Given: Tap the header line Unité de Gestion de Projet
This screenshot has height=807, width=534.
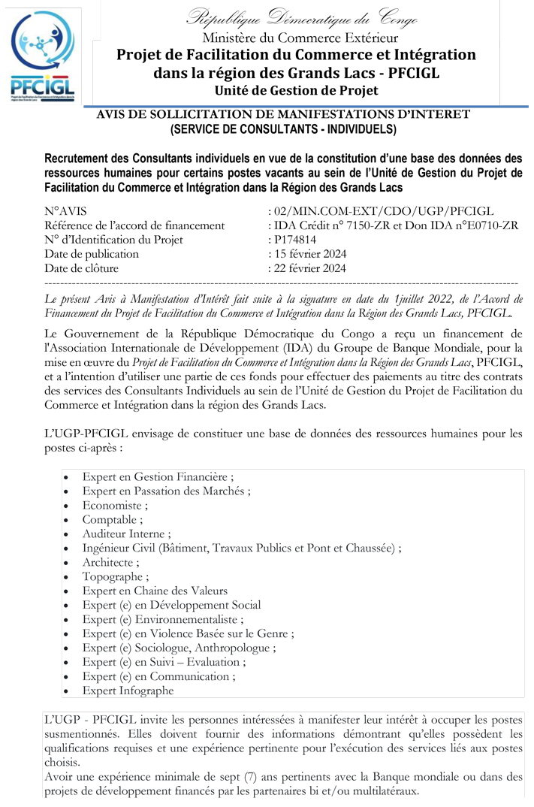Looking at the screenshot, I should [x=296, y=90].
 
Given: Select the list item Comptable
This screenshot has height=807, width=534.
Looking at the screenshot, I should [x=113, y=519].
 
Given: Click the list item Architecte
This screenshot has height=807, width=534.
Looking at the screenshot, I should [x=111, y=562].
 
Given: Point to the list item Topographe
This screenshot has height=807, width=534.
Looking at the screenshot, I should [x=116, y=576].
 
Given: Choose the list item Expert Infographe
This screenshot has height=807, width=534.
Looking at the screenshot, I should [x=128, y=691].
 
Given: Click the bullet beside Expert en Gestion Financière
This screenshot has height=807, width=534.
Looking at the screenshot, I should [x=68, y=477].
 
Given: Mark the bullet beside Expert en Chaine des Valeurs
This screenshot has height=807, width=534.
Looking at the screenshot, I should [x=68, y=591].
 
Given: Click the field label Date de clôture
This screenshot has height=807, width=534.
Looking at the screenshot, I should [x=81, y=268].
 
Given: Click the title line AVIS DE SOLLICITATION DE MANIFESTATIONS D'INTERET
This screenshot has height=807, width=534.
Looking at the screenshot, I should [x=283, y=114].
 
